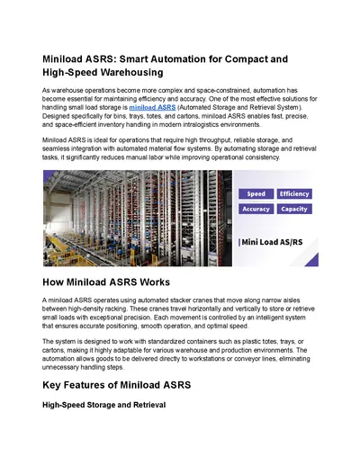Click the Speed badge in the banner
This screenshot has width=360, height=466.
pyautogui.click(x=256, y=193)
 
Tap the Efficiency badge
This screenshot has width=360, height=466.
pyautogui.click(x=294, y=193)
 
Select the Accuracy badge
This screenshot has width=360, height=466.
pyautogui.click(x=256, y=209)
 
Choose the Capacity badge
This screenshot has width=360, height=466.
pyautogui.click(x=294, y=209)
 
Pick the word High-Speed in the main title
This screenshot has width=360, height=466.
pyautogui.click(x=72, y=74)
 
